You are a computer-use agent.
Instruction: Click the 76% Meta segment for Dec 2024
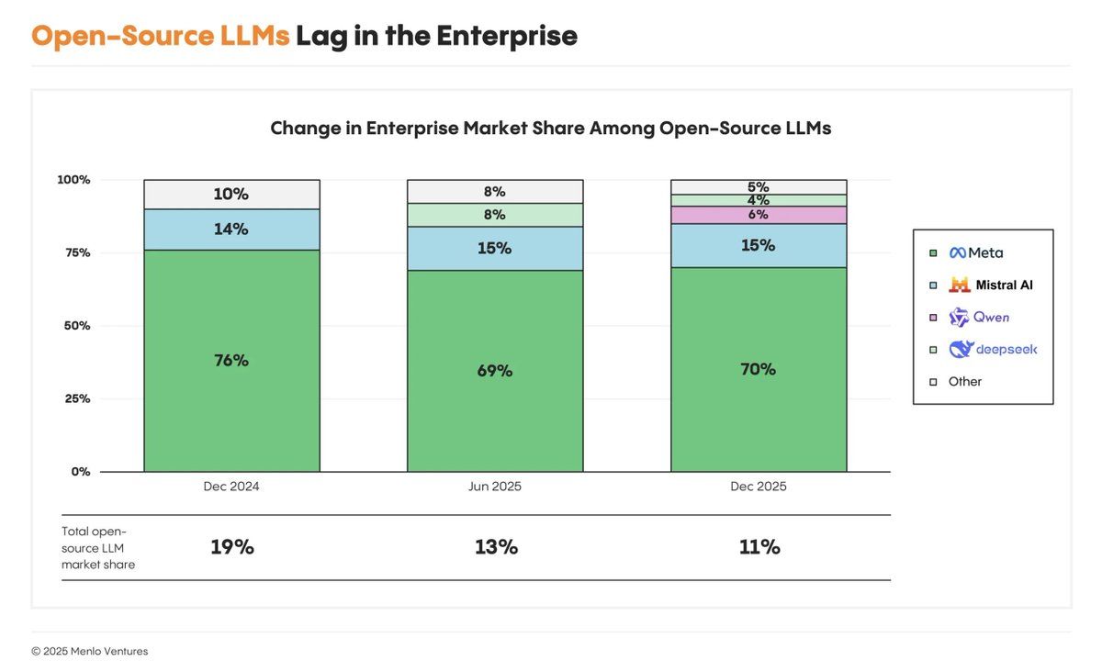(231, 361)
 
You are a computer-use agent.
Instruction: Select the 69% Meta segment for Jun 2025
(495, 371)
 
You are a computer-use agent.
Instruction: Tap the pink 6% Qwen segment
(759, 215)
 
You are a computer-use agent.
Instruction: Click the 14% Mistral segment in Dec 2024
(231, 230)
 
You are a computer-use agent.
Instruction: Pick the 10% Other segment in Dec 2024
(231, 195)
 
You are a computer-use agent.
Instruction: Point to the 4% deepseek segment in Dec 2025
(759, 200)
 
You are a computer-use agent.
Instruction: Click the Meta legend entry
(975, 252)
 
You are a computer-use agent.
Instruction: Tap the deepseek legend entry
(992, 349)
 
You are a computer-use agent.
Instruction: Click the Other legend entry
(964, 381)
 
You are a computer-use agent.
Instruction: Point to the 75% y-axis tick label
(76, 252)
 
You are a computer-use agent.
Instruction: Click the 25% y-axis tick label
(76, 398)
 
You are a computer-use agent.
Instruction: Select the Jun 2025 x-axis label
(495, 487)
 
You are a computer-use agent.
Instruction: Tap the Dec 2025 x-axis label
(759, 487)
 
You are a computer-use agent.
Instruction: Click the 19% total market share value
(231, 547)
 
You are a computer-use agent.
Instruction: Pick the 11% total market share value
(759, 547)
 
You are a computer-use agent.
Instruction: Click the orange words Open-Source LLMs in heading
(161, 36)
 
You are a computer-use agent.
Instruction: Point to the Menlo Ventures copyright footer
(89, 651)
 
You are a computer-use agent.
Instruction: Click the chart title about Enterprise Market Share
(550, 129)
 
